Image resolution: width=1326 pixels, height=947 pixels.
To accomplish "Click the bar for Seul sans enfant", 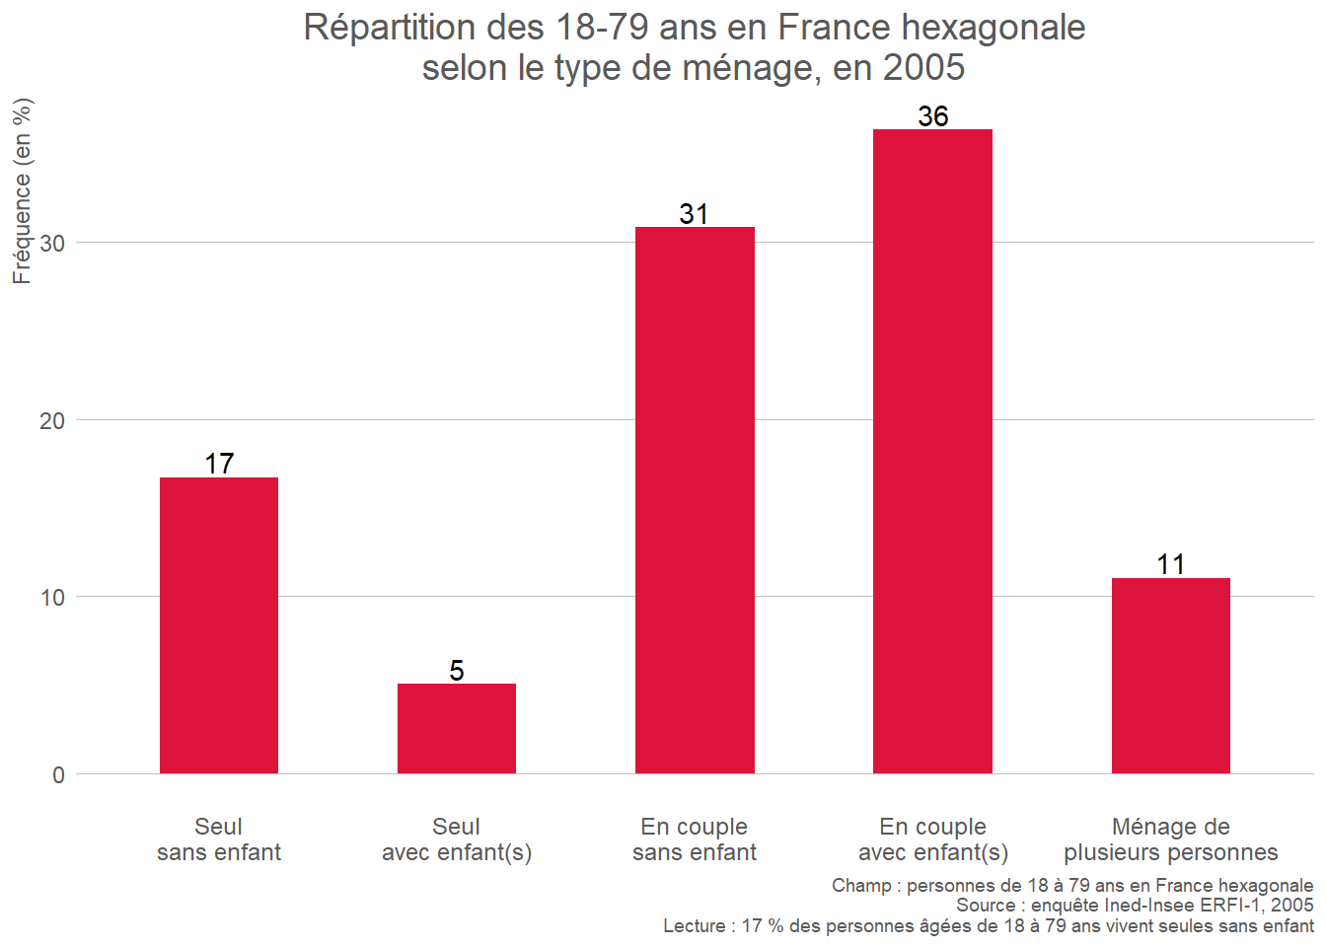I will (x=219, y=625).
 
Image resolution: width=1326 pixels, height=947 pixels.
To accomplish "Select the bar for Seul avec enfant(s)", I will (x=457, y=728).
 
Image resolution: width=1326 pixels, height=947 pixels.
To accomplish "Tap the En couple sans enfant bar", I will (x=695, y=500).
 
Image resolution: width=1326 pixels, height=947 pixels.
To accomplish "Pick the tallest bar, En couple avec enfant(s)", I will (x=932, y=451).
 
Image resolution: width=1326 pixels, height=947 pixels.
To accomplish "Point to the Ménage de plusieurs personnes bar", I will (x=1170, y=676).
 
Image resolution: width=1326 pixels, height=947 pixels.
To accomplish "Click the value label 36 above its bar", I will (x=932, y=116).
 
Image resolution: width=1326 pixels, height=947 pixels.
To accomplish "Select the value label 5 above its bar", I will (x=457, y=671).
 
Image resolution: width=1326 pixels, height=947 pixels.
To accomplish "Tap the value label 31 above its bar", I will (x=694, y=214).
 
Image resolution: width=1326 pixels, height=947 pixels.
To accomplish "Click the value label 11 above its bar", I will (x=1170, y=564).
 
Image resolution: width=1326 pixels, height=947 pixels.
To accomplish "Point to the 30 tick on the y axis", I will (x=52, y=244).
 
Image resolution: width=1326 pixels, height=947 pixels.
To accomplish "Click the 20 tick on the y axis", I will (x=52, y=421).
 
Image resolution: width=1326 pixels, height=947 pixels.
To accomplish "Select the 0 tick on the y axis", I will (x=58, y=775).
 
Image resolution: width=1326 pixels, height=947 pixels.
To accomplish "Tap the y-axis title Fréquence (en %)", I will (x=22, y=191).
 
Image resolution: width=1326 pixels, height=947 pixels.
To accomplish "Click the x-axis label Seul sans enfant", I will (x=219, y=839).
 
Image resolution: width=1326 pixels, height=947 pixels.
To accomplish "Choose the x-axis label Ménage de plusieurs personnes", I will (x=1170, y=839).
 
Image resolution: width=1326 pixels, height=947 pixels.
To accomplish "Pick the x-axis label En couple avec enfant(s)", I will (x=932, y=839).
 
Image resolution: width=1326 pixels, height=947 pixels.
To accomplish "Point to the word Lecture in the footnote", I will (x=695, y=926).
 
